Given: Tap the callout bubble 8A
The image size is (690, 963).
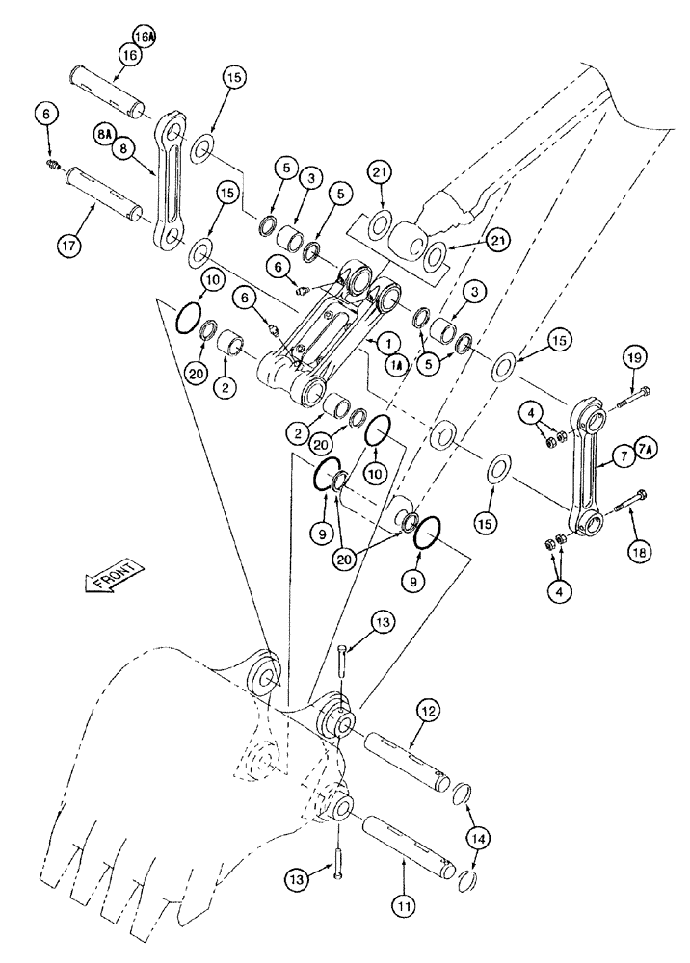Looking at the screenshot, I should tap(105, 134).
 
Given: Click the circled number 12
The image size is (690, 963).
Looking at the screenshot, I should tap(429, 712).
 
